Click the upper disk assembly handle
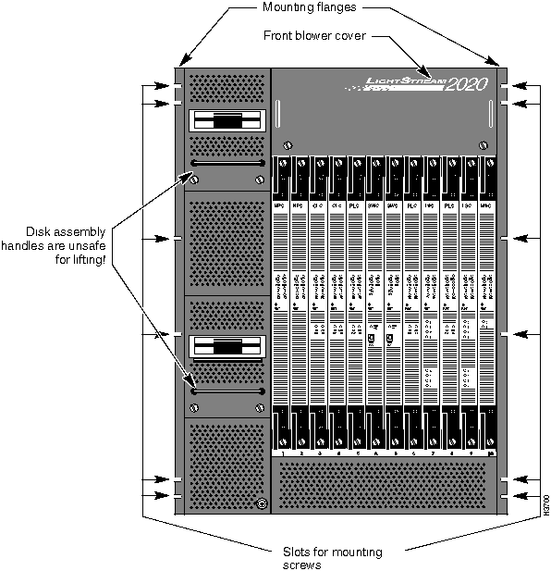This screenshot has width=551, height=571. click(x=227, y=163)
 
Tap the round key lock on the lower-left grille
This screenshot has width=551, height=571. click(x=261, y=504)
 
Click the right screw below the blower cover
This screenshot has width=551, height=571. click(x=483, y=144)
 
